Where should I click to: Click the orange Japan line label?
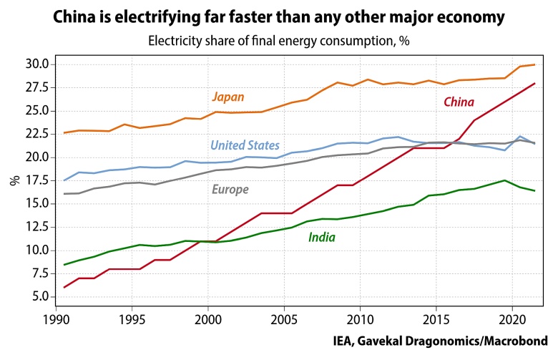(228, 97)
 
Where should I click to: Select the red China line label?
(459, 102)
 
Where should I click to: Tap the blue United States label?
(245, 146)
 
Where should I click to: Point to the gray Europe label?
(230, 190)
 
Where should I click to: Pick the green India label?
(322, 237)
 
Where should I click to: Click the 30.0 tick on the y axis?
(36, 64)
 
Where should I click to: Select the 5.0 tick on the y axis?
(39, 296)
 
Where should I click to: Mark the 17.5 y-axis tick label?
(36, 180)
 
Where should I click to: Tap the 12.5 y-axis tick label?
(36, 227)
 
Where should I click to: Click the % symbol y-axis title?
(14, 180)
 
